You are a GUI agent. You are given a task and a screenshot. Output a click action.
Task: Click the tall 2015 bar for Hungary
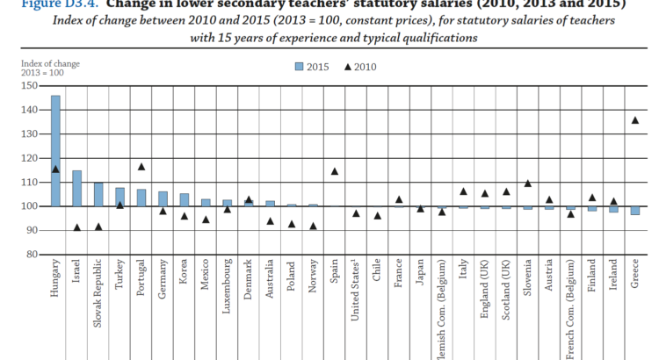(x=55, y=150)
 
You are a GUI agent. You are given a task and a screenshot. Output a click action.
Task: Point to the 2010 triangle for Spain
(x=334, y=171)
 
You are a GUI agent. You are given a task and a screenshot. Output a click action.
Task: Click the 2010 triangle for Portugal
(x=141, y=166)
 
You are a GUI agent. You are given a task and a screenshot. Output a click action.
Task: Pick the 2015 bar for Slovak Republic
(x=98, y=194)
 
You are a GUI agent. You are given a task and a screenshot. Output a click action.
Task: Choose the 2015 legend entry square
(x=300, y=67)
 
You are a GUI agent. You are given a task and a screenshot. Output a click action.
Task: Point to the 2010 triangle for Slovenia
(x=527, y=184)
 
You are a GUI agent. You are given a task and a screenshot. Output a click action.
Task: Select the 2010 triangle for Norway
(x=313, y=226)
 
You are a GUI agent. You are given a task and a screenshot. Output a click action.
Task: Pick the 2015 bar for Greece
(x=634, y=211)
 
